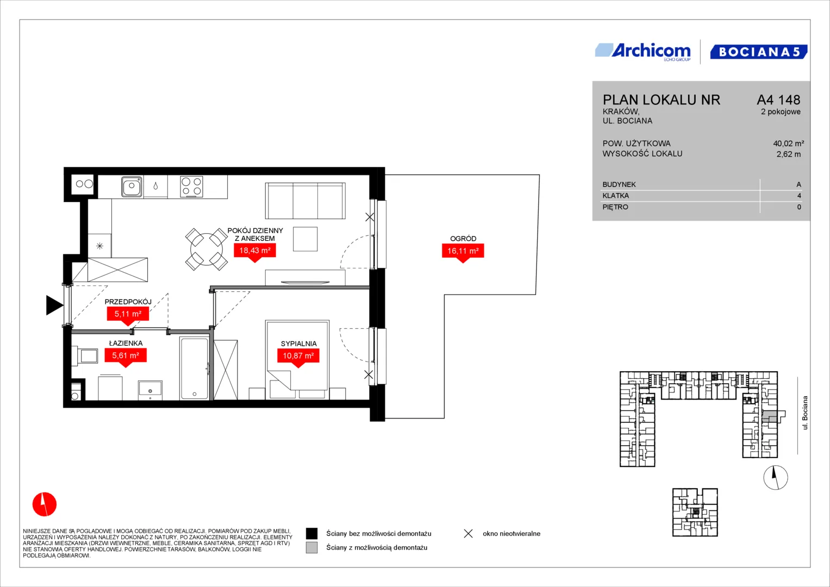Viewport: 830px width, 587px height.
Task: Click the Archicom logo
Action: coord(643,52)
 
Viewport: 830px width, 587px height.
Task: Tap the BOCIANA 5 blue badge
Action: coord(758,52)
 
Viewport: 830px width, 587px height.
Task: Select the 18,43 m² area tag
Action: coord(254,252)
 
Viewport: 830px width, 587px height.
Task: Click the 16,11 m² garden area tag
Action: coord(463,253)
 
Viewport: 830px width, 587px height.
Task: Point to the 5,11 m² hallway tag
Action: coord(128,316)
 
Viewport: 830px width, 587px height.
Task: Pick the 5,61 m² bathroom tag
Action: coord(126,357)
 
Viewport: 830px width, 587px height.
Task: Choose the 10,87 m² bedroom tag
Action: coord(298,358)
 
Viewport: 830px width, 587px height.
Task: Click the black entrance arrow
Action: coord(54,305)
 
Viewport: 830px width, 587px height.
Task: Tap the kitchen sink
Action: coord(132,186)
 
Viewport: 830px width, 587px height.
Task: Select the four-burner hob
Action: coord(191,186)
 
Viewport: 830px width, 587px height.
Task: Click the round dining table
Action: coord(207,249)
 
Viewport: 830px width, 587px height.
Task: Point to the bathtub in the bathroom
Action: coord(194,368)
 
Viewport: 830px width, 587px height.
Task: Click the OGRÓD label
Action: coord(463,239)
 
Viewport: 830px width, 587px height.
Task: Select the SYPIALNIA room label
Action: coord(298,344)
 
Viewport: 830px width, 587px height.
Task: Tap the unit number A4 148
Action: coord(778,99)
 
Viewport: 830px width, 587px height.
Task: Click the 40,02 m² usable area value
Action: coord(789,143)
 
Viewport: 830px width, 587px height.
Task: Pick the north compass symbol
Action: coord(776,478)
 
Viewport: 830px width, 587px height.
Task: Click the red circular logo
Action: coord(45,504)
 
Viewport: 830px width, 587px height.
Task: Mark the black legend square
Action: coord(311,533)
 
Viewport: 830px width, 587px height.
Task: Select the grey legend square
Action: coord(311,547)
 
